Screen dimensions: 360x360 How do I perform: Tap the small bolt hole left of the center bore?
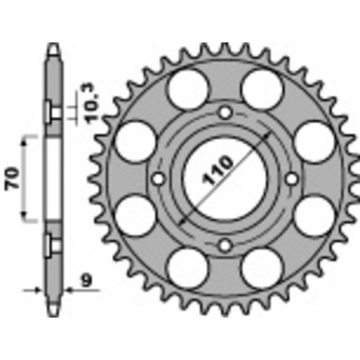(x=158, y=179)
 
